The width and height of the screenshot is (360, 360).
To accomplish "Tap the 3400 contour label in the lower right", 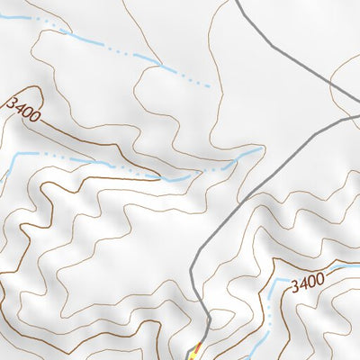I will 307,282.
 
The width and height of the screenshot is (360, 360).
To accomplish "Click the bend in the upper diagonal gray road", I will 330,84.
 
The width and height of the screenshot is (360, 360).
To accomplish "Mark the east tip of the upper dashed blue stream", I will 209,86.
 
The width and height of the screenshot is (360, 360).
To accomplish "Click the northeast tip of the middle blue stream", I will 261,149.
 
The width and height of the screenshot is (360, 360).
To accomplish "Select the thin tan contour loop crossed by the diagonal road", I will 346,72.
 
